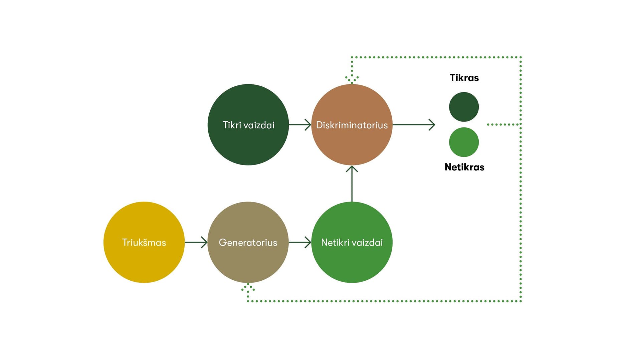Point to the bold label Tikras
(x=464, y=78)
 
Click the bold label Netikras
(x=464, y=167)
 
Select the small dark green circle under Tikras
(x=464, y=107)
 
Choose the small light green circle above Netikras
(x=464, y=142)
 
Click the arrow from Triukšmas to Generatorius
(x=196, y=242)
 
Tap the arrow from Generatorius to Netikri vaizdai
(x=300, y=242)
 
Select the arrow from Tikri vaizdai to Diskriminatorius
(x=300, y=125)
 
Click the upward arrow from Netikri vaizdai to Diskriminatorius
(x=352, y=184)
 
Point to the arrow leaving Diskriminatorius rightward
(x=414, y=125)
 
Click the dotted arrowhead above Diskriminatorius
(x=352, y=79)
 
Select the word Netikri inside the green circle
(x=334, y=243)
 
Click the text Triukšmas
(x=144, y=243)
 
